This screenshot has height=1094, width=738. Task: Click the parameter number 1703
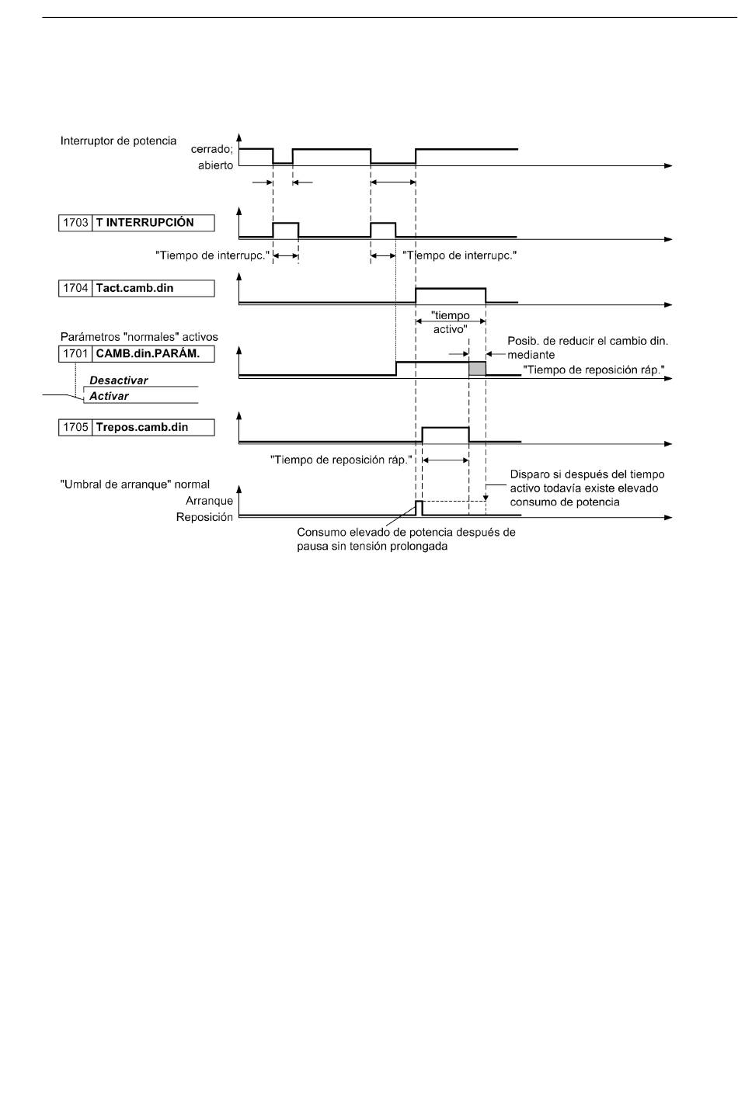click(75, 223)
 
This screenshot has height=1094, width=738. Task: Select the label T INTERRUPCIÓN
click(144, 222)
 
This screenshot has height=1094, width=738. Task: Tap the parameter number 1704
click(75, 288)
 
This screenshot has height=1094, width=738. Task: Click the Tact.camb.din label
click(134, 288)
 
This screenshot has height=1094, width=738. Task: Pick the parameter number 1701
click(75, 353)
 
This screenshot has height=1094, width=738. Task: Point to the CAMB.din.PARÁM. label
click(148, 353)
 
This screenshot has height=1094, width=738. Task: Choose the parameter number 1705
click(75, 427)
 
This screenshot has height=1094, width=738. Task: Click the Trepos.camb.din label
click(141, 427)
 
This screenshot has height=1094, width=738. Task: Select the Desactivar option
click(118, 380)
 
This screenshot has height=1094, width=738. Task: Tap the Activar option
click(109, 396)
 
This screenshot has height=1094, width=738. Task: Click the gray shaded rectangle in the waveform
click(477, 369)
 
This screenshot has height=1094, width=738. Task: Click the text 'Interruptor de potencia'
click(118, 141)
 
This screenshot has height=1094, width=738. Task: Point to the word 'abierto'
click(215, 165)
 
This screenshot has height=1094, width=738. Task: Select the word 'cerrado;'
click(212, 149)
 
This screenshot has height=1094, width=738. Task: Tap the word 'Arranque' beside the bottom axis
click(209, 501)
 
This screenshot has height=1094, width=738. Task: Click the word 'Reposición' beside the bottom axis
click(204, 517)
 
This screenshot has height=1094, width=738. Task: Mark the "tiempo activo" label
click(450, 322)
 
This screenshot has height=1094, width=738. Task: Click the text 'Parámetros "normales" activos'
click(139, 337)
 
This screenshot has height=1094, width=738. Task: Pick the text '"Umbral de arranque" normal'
click(135, 484)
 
